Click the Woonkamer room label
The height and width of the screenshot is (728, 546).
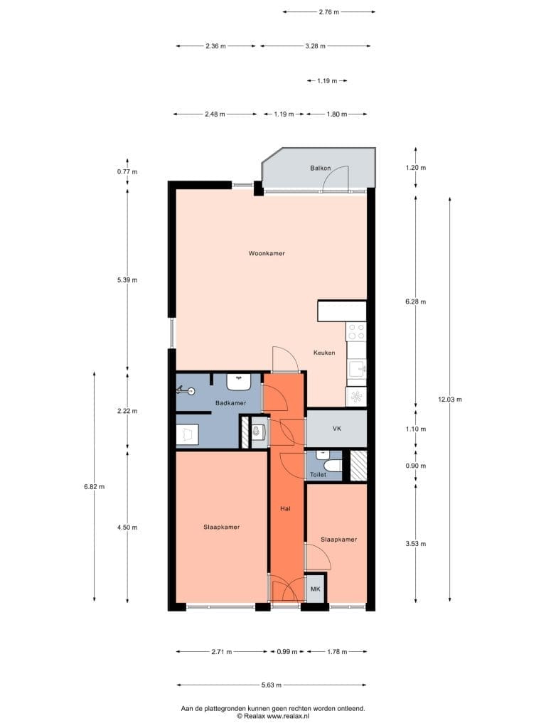click(x=267, y=253)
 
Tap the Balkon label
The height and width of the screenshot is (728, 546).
click(x=321, y=168)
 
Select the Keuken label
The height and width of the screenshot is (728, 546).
click(x=324, y=353)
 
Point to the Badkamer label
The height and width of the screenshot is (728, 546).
click(x=231, y=403)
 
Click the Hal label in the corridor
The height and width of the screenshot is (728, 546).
click(x=285, y=509)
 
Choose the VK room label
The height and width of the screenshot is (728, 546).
click(x=337, y=429)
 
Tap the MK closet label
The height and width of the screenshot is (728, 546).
click(x=316, y=589)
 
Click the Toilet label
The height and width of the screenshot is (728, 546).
click(x=318, y=474)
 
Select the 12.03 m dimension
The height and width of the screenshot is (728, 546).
click(x=449, y=400)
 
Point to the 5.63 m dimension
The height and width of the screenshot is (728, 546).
click(x=272, y=685)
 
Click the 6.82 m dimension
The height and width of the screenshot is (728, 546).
click(x=95, y=486)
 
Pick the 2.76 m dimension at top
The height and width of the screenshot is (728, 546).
click(x=328, y=12)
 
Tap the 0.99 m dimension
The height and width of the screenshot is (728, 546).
click(x=287, y=652)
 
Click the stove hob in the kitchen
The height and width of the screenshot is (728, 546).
click(x=356, y=331)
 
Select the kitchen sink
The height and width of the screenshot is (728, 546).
click(x=357, y=370)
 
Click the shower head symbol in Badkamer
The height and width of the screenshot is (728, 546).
click(x=186, y=391)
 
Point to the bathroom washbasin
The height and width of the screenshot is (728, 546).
click(x=239, y=381)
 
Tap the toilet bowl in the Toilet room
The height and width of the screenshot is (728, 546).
click(x=333, y=465)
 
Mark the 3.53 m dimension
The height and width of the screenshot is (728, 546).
click(x=415, y=544)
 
